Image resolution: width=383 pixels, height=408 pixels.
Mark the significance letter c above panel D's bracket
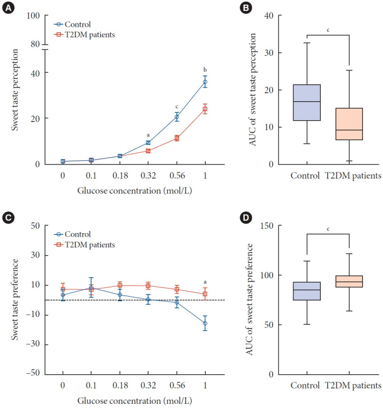328,229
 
